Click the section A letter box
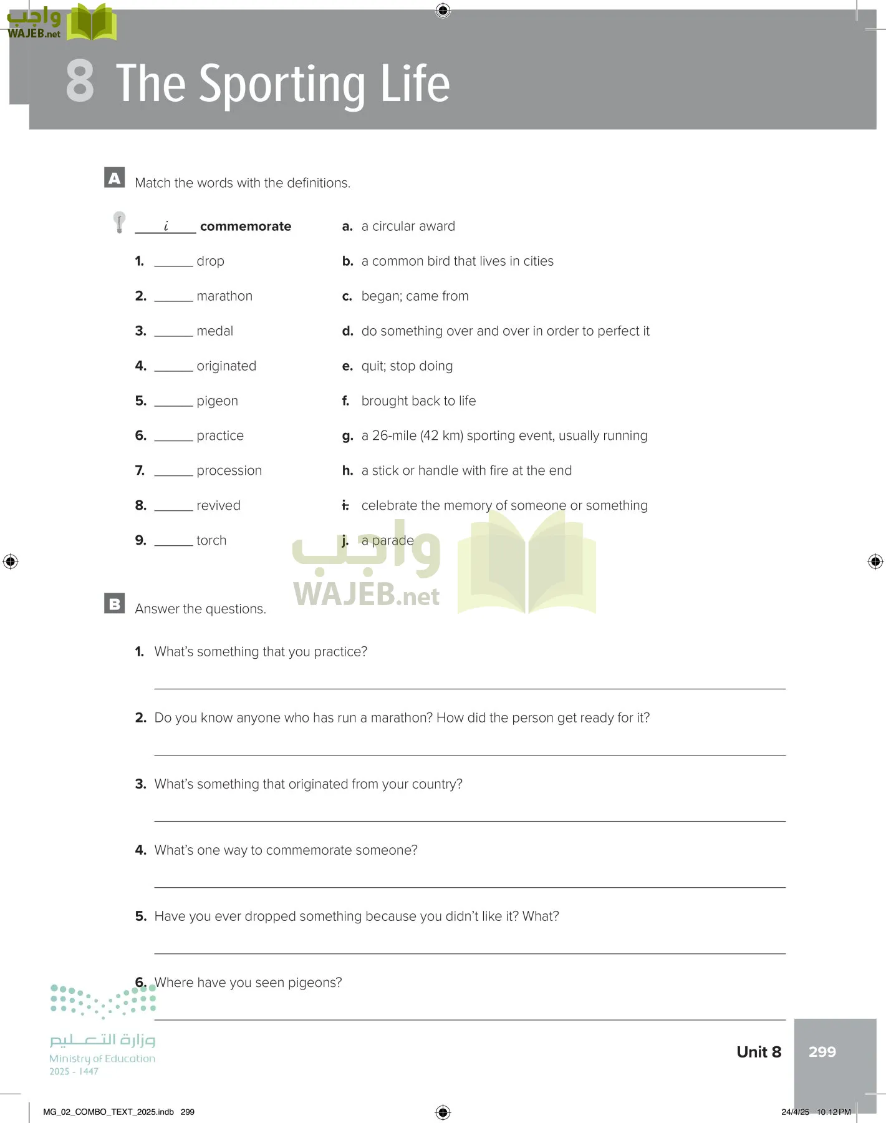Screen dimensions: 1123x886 point(114,178)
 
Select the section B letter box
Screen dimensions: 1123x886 point(114,603)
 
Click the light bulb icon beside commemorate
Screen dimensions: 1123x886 point(119,222)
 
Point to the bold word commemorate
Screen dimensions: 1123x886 point(245,226)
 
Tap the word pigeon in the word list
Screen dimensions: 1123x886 point(217,401)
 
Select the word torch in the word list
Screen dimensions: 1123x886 point(211,540)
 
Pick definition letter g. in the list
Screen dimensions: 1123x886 point(347,436)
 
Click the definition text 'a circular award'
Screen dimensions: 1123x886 point(408,226)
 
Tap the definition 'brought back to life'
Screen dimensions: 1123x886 point(418,401)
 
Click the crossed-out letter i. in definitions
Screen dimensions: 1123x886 point(345,505)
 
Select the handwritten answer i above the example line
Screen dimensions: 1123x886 point(166,226)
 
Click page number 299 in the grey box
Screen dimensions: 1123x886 point(822,1052)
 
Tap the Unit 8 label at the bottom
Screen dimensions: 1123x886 point(758,1052)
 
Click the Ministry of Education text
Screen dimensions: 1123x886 point(102,1059)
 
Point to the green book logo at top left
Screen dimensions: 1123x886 point(92,22)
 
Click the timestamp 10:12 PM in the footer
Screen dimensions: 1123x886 point(834,1112)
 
